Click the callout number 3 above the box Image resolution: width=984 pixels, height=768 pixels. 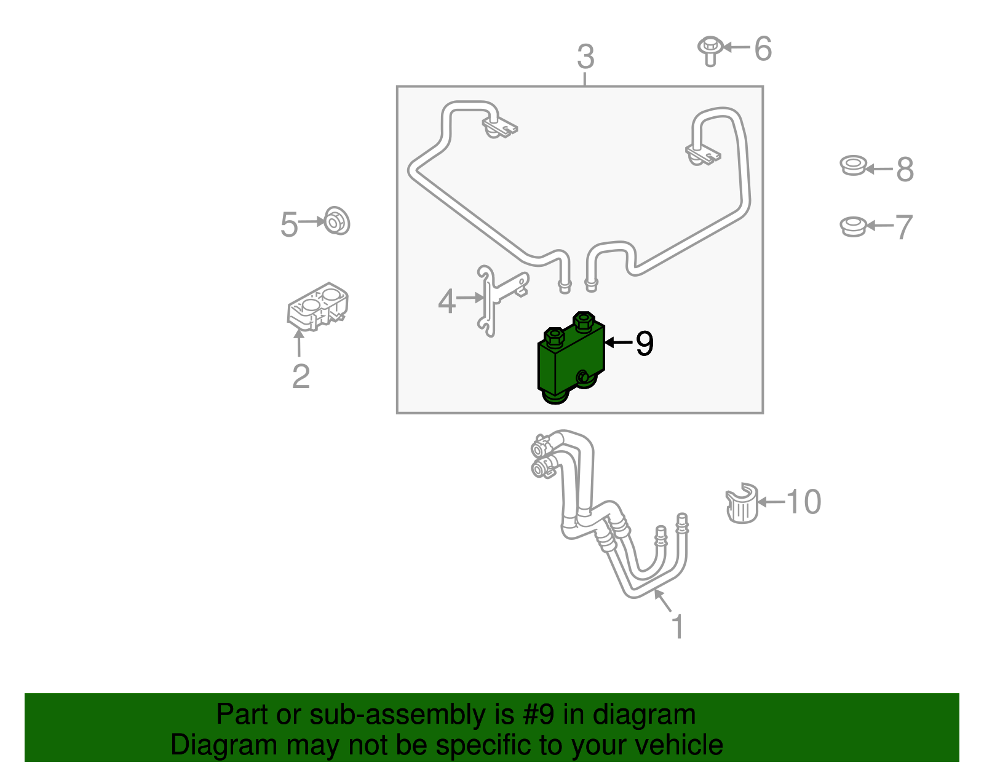585,57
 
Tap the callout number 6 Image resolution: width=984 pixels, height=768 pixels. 763,49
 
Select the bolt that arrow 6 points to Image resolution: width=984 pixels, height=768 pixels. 710,50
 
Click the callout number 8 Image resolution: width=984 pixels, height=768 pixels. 905,169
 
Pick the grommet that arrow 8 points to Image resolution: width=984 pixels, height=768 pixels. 853,165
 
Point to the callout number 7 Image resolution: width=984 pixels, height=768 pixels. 903,228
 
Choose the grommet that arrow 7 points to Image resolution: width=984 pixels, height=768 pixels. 853,226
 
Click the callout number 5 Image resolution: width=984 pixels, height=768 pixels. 289,224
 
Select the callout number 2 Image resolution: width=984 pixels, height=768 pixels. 301,376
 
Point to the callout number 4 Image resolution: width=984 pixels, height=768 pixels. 447,301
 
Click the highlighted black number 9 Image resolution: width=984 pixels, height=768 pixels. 644,343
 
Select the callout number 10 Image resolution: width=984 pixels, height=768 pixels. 803,502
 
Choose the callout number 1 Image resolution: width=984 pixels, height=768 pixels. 677,627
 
